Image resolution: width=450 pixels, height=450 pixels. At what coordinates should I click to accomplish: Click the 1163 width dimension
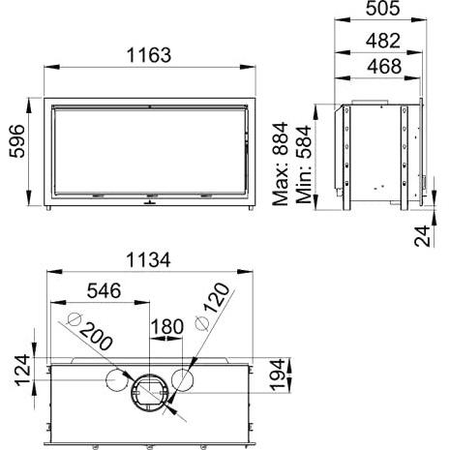click(149, 55)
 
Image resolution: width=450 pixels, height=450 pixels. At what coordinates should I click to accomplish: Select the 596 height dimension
click(16, 141)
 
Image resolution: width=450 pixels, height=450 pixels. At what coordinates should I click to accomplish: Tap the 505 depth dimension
click(383, 8)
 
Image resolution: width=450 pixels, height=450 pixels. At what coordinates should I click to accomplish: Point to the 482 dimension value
click(383, 41)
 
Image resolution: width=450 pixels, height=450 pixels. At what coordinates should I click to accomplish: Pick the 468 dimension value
click(384, 66)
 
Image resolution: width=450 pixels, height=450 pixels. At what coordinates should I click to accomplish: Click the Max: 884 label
click(280, 164)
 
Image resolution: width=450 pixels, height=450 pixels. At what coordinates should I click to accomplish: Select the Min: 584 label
click(304, 165)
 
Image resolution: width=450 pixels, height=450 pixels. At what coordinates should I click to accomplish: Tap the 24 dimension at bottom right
click(422, 236)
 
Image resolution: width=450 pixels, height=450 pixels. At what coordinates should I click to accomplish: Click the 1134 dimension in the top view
click(148, 260)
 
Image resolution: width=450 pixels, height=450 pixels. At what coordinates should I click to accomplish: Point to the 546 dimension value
click(104, 290)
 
